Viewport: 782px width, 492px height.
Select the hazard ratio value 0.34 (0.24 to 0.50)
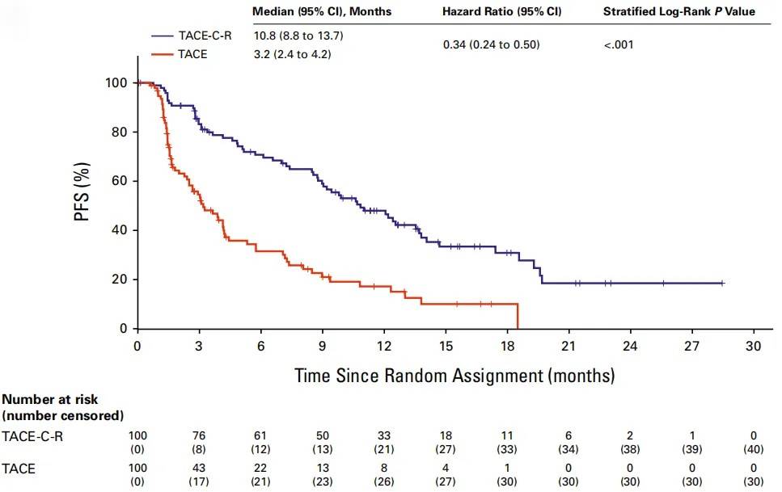click(491, 44)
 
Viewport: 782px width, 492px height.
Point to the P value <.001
click(619, 44)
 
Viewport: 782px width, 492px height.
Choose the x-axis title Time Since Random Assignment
click(454, 376)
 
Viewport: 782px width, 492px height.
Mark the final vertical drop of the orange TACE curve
click(516, 316)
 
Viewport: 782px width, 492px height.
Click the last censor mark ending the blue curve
click(722, 284)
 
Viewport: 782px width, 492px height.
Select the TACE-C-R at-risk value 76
click(199, 434)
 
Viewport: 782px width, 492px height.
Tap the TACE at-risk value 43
click(199, 467)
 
